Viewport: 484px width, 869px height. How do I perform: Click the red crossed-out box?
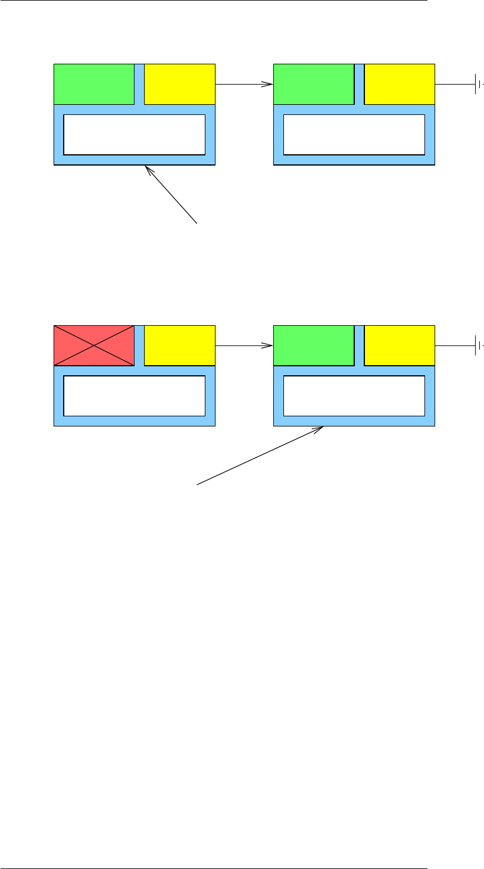point(93,345)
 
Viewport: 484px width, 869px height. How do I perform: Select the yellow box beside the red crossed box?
point(179,345)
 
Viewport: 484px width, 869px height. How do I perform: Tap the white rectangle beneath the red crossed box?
point(134,395)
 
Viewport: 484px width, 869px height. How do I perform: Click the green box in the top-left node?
point(93,84)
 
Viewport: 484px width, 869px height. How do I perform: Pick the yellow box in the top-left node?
point(179,84)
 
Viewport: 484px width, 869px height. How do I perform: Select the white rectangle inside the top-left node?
point(134,134)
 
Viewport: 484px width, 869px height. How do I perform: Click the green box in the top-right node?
point(313,84)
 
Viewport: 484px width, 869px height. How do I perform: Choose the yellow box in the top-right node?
point(399,84)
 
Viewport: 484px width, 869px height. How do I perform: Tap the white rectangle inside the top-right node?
point(354,134)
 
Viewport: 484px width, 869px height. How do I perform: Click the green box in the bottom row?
point(313,345)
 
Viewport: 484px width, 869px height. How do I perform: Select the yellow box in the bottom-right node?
point(399,345)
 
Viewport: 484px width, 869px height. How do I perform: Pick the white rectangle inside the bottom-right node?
point(354,395)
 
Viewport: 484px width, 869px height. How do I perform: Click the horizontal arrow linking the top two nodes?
point(243,84)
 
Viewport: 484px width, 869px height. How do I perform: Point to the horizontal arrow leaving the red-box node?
point(243,345)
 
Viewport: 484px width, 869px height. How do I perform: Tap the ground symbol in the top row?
point(477,84)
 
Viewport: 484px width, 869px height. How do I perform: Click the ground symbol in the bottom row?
point(477,345)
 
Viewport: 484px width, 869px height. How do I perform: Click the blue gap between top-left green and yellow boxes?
point(139,84)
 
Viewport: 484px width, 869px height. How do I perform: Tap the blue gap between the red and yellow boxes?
point(139,345)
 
